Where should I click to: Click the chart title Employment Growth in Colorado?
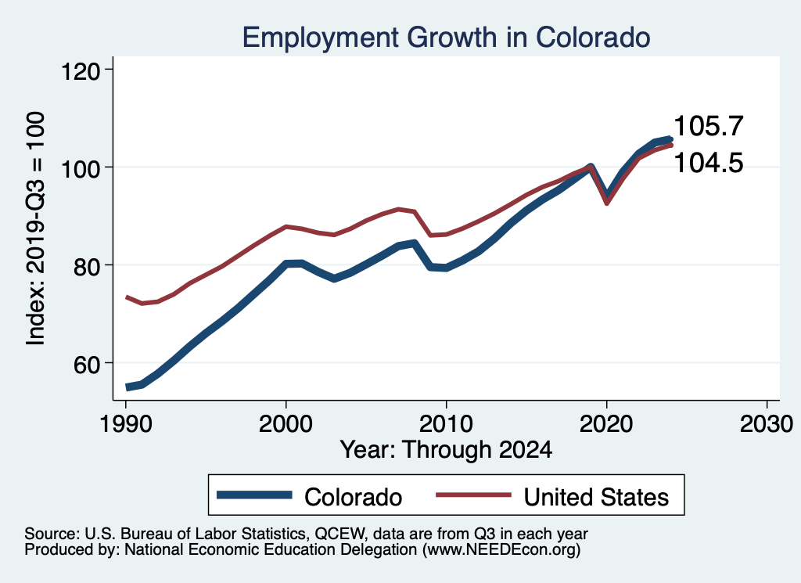(x=446, y=37)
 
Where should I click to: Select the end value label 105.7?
(x=708, y=125)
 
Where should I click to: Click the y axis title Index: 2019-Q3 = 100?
(x=36, y=228)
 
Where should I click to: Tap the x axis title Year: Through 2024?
(x=446, y=450)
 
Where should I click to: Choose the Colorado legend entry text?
(x=353, y=497)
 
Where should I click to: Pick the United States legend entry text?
(x=596, y=497)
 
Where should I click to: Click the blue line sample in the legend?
(x=256, y=496)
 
